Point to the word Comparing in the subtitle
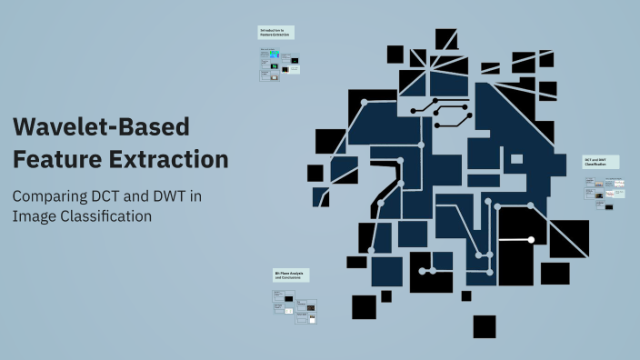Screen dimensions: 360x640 pyautogui.click(x=55, y=195)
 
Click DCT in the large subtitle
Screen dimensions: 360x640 pyautogui.click(x=124, y=195)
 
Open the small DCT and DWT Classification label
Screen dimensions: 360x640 pyautogui.click(x=601, y=162)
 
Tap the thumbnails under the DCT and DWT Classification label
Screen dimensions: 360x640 pyautogui.click(x=605, y=193)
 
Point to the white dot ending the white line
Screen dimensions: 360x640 pyautogui.click(x=531, y=240)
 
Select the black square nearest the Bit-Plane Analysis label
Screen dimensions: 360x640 pyautogui.click(x=364, y=306)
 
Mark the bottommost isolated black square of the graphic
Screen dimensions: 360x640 pyautogui.click(x=485, y=326)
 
